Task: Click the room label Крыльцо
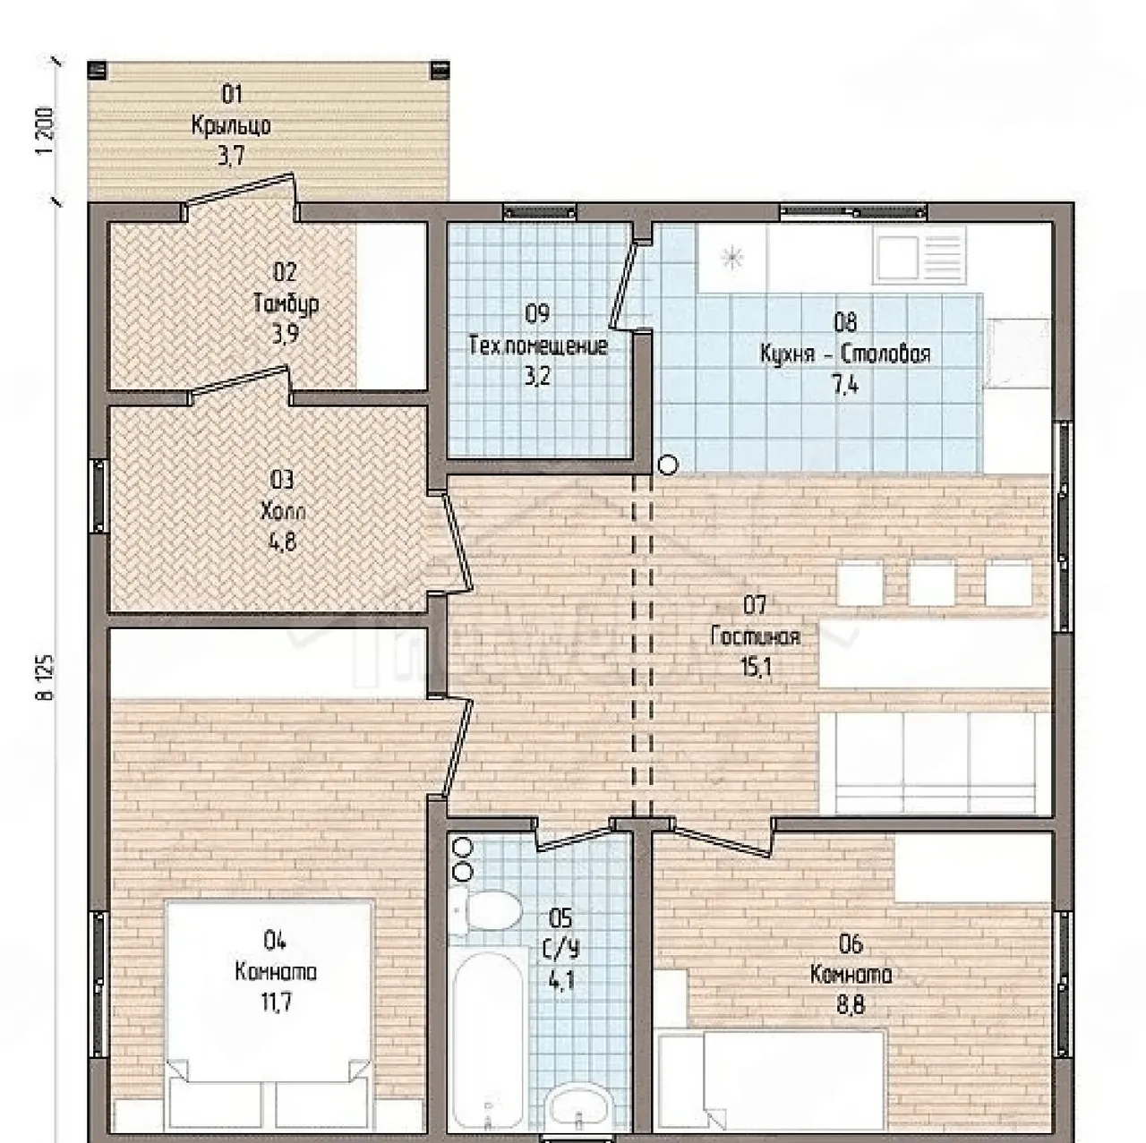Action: (231, 125)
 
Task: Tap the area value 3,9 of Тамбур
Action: (286, 335)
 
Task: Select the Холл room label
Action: (283, 511)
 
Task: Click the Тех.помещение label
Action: (538, 345)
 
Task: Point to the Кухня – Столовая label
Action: (845, 354)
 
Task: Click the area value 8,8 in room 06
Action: (851, 1005)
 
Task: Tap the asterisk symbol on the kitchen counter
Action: (731, 258)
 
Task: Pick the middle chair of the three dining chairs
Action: (932, 582)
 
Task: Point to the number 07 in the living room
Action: (755, 605)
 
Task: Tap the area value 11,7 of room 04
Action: (277, 1004)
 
